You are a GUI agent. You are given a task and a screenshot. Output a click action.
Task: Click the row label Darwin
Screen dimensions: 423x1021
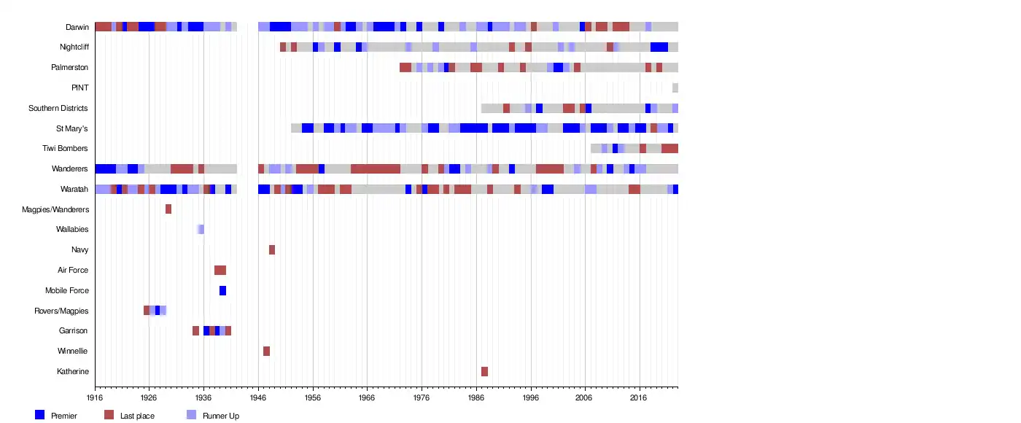[77, 27]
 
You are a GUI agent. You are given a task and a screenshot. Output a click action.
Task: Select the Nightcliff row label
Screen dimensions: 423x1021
[74, 47]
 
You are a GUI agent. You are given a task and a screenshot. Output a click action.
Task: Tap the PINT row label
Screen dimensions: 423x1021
[80, 88]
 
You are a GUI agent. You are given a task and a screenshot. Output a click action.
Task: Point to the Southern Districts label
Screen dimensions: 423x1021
[58, 108]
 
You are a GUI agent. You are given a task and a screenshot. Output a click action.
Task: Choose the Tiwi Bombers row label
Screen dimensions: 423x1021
[66, 149]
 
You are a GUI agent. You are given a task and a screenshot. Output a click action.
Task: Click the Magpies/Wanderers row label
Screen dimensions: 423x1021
[55, 209]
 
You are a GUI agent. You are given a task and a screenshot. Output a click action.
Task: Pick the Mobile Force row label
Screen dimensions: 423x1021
[67, 290]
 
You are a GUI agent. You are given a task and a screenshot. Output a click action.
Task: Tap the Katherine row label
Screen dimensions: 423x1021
[73, 371]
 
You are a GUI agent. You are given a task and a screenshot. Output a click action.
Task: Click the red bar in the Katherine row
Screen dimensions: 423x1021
[484, 371]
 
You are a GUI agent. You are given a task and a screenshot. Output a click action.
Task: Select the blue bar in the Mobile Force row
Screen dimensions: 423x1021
[222, 290]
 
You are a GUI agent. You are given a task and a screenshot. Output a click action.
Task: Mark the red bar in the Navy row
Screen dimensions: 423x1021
[272, 249]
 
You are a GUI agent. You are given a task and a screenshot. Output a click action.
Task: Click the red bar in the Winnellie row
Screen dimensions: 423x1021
[266, 351]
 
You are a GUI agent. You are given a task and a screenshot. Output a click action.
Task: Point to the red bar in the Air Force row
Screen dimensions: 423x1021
[220, 270]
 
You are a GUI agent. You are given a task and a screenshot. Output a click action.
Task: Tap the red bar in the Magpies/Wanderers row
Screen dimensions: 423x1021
[168, 209]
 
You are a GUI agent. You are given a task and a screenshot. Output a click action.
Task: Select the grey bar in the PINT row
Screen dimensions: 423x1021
[675, 88]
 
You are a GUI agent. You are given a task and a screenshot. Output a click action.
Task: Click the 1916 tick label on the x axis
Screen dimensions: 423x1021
[95, 398]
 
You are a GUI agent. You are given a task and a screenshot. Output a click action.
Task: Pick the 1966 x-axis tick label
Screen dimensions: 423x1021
[367, 398]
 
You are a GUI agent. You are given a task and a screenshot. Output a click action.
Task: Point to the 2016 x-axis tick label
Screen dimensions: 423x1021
[639, 398]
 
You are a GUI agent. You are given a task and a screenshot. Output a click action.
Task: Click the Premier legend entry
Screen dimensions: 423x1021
[63, 416]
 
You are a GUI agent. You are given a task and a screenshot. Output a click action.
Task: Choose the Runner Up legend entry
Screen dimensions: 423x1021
[220, 416]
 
